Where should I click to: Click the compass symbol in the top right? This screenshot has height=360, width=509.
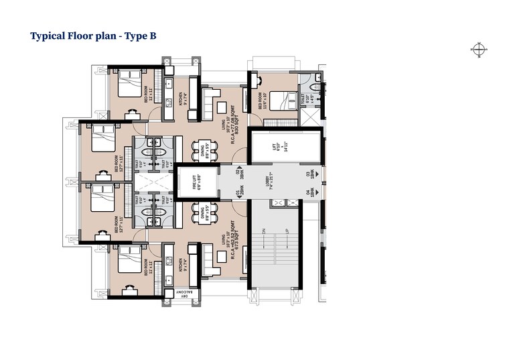479,48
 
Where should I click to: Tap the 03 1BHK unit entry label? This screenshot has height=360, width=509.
310,174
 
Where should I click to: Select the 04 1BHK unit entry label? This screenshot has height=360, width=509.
310,194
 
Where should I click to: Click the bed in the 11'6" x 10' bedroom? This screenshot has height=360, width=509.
286,101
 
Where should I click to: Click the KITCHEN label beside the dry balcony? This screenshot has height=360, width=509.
181,267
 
